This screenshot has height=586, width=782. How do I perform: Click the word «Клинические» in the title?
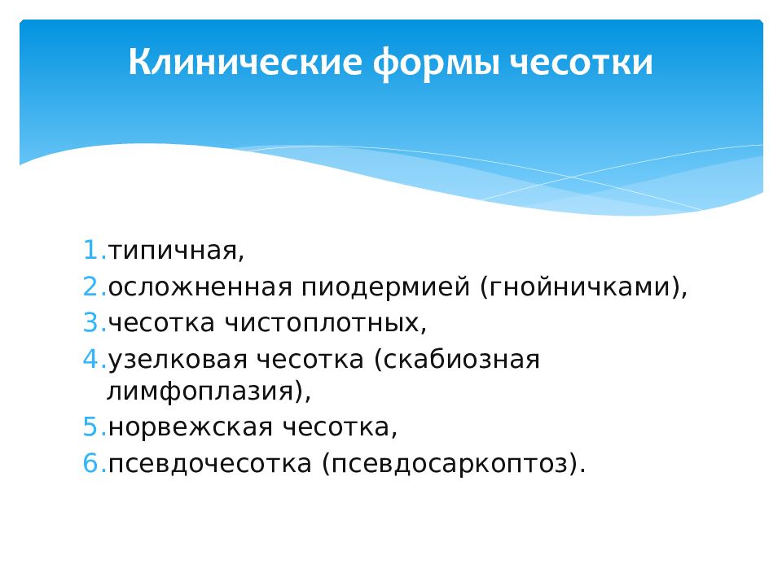(x=245, y=63)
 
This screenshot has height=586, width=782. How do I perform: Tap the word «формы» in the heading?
(x=437, y=63)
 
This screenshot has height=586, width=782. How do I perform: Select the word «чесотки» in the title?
(x=582, y=63)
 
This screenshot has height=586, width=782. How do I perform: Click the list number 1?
(x=94, y=250)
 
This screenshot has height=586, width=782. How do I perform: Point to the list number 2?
(x=94, y=286)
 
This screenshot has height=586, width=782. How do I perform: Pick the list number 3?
(x=94, y=322)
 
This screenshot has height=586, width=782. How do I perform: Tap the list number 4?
(x=94, y=359)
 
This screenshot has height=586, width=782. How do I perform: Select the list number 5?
(x=94, y=427)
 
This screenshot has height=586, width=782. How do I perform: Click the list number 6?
(x=94, y=463)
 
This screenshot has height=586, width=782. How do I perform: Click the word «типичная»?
(x=173, y=251)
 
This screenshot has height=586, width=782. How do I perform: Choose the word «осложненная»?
(x=200, y=287)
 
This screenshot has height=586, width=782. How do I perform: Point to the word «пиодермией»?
(x=385, y=287)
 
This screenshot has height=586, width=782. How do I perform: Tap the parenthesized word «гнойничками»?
(x=579, y=287)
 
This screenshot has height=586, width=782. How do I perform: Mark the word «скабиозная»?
(x=456, y=360)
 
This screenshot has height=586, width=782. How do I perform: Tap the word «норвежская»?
(x=190, y=427)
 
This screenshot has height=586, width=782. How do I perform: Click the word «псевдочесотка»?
(x=210, y=464)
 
